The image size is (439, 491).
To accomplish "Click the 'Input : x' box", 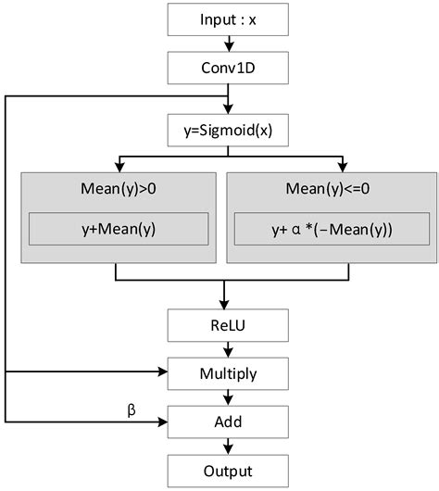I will (224, 19).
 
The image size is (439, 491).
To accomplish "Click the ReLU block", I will (224, 326).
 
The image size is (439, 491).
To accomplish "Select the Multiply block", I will (224, 373).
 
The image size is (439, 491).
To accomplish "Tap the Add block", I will (224, 422).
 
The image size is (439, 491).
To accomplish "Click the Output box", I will (224, 469).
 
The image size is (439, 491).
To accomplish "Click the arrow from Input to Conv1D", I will (224, 42).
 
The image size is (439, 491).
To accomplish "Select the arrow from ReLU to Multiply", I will (224, 349).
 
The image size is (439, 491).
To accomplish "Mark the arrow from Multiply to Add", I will (224, 397).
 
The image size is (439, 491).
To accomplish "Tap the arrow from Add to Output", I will (224, 445).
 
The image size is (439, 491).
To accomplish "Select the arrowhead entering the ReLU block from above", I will (224, 305).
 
